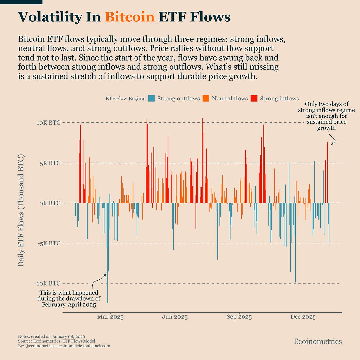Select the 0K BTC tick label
point(50,203)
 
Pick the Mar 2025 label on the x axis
point(110,317)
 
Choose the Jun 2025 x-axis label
point(175,317)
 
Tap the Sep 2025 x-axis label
point(239,317)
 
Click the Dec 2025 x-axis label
point(303,317)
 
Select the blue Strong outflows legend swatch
point(151,98)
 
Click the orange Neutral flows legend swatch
point(206,98)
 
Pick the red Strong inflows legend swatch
point(254,98)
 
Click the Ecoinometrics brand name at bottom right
point(317,342)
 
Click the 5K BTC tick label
point(50,163)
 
